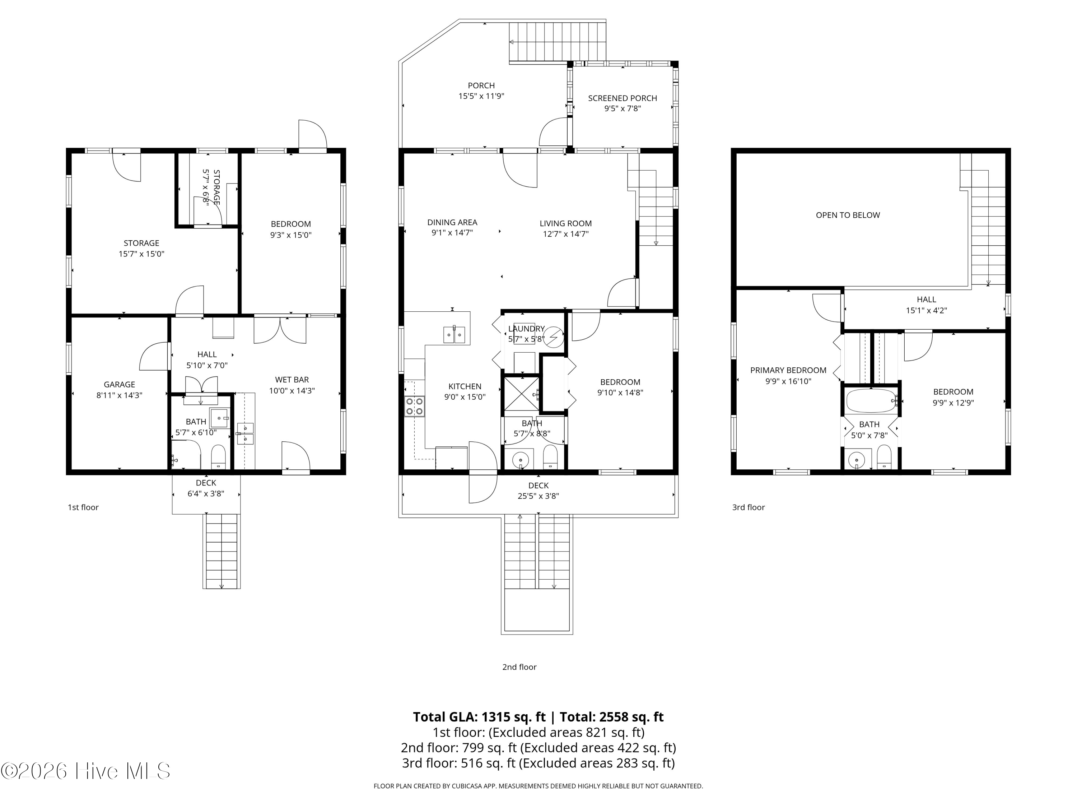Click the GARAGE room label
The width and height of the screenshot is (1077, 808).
119,384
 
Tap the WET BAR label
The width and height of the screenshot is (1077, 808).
292,380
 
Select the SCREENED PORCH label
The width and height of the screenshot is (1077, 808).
622,98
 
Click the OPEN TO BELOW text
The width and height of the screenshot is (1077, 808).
848,215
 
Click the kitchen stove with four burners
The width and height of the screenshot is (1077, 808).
414,406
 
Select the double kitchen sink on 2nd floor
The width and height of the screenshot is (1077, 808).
454,335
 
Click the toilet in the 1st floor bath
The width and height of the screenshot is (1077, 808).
218,456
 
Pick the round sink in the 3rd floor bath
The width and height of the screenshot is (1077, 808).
857,459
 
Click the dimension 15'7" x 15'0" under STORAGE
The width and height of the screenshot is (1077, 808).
141,254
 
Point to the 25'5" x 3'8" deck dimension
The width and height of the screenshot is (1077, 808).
538,496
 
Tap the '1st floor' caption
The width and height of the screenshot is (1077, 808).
83,507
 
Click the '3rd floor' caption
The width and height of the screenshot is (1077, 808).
749,507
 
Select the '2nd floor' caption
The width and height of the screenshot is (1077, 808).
519,667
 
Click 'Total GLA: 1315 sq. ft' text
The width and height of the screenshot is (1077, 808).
479,717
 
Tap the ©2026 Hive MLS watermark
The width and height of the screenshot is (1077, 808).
86,771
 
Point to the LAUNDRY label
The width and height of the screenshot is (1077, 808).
526,329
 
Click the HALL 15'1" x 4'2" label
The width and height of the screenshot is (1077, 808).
926,305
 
